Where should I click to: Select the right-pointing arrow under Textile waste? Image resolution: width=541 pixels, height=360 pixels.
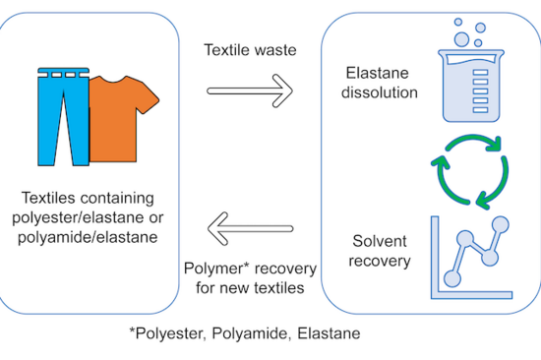coord(251,92)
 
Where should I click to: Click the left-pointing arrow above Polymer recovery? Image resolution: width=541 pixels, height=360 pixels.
coord(251,231)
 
